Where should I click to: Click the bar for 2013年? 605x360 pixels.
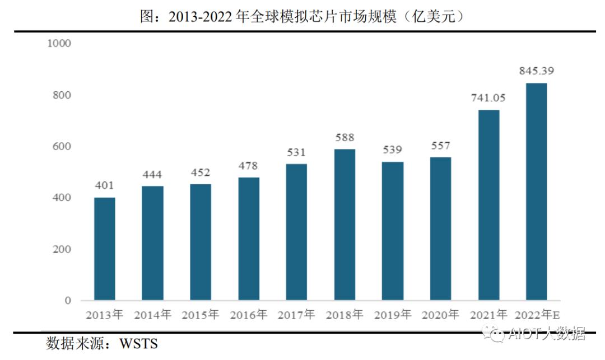(104, 249)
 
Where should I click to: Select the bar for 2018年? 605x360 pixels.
(345, 225)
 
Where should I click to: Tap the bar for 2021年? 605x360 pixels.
(488, 205)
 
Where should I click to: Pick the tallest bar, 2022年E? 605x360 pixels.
(536, 191)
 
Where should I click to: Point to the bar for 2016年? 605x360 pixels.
(249, 239)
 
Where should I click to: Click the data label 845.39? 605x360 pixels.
(536, 71)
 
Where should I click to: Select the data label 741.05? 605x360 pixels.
(488, 98)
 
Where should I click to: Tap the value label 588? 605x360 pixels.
(345, 138)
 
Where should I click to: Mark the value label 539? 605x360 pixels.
(393, 150)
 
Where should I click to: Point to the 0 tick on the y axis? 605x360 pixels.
(68, 301)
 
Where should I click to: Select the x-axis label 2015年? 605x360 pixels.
(200, 315)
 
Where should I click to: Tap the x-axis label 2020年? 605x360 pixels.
(440, 315)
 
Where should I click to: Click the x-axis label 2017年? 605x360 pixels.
(296, 315)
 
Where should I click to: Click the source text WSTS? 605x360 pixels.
(138, 343)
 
